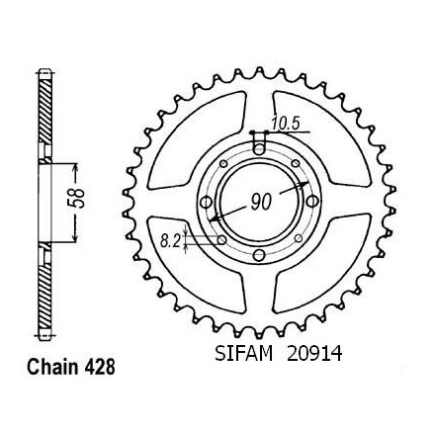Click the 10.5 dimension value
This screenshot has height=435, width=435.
click(286, 125)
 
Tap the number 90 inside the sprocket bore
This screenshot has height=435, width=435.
click(261, 202)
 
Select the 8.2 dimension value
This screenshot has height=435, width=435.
click(171, 242)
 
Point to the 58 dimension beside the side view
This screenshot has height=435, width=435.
click(79, 199)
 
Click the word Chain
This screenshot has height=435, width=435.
click(53, 367)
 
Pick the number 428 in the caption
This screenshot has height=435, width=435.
click(100, 367)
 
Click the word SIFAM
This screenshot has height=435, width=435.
click(244, 354)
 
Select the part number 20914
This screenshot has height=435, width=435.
click(314, 354)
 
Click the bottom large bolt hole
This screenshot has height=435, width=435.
click(260, 254)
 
